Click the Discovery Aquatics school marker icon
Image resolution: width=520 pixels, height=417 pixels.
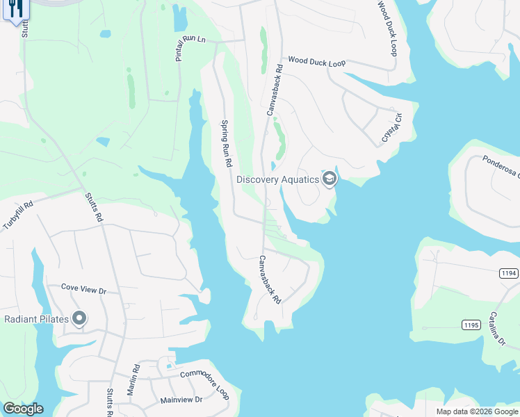[330, 179]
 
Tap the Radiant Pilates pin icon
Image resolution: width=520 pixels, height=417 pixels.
[79, 319]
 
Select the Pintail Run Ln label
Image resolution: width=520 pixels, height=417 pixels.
[191, 48]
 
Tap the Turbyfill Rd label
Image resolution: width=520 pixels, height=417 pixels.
[18, 216]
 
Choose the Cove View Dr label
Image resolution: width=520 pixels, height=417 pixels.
[83, 286]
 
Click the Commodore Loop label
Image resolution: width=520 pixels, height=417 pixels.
[205, 384]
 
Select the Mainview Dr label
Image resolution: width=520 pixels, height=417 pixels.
[181, 400]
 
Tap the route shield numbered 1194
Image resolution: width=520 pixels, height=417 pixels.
[508, 274]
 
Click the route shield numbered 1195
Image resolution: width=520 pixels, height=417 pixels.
[471, 325]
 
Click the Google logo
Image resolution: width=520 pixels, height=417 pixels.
[23, 409]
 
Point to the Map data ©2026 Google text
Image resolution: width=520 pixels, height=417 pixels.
[476, 411]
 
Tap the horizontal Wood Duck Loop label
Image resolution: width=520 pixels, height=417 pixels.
[317, 63]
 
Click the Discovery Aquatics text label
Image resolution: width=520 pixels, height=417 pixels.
[277, 179]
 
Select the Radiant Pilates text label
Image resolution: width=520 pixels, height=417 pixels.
[35, 320]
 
